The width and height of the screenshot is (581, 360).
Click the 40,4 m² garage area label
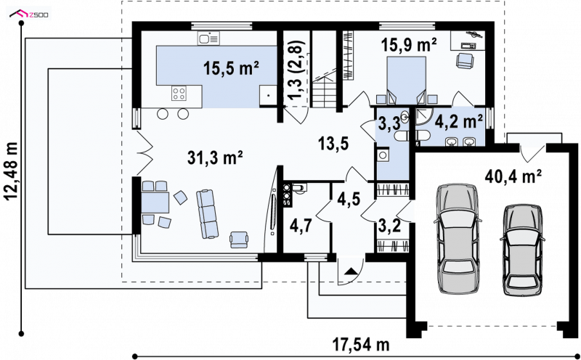[x=513, y=176]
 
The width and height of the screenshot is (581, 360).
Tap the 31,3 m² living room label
[x=215, y=158]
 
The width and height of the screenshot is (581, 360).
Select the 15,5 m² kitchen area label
[x=230, y=68]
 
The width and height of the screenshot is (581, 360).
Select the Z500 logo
[x=30, y=15]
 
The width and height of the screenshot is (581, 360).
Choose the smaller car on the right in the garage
[x=522, y=249]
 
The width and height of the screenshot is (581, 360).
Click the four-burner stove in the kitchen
[x=179, y=93]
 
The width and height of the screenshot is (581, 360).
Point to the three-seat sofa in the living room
[x=207, y=213]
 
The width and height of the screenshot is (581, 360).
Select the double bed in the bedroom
[x=406, y=80]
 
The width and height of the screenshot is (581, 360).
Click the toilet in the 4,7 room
[x=298, y=189]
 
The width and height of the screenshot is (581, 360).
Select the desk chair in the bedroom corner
[x=466, y=60]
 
